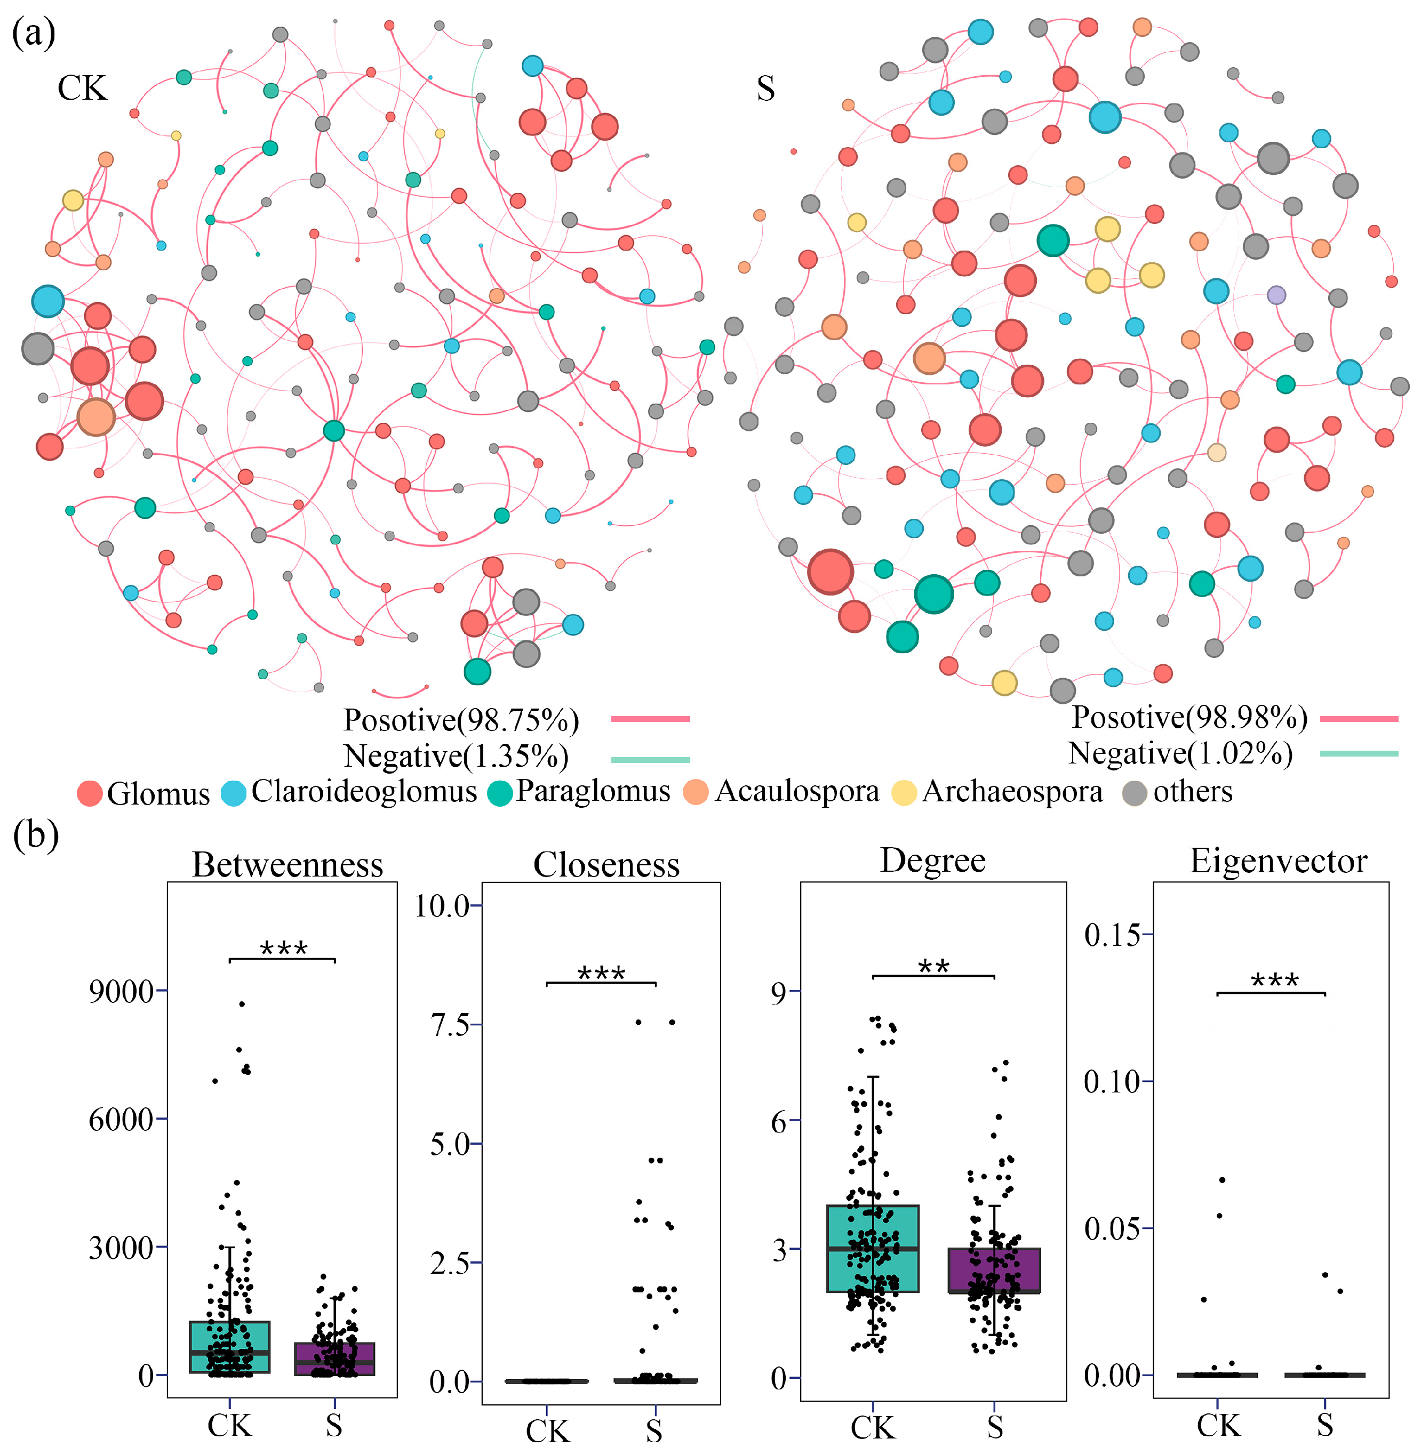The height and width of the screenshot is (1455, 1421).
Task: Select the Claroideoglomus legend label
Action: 363,791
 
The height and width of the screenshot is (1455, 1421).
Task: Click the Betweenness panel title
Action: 288,865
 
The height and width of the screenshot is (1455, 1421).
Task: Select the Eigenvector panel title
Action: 1278,861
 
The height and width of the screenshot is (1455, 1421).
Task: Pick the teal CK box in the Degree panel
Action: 873,1248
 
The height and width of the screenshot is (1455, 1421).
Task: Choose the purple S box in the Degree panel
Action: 994,1271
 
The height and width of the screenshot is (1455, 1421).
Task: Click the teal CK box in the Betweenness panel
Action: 229,1347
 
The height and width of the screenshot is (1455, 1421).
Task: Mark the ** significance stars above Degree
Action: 933,967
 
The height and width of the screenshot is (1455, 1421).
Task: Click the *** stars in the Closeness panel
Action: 602,973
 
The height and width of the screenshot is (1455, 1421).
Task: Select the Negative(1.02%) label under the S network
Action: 1180,753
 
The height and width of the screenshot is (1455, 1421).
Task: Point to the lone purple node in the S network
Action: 1276,295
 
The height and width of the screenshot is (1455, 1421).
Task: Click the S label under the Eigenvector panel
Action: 1325,1425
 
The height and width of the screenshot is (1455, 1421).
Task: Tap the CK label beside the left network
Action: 82,88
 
